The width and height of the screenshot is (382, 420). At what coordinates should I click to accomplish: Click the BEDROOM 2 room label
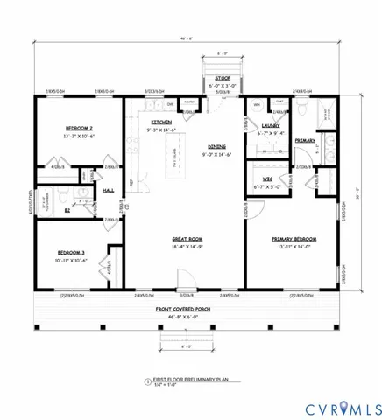coord(67,127)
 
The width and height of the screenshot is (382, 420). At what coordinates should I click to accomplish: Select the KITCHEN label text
coord(161,122)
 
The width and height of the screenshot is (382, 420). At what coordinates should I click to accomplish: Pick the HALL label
coord(109,190)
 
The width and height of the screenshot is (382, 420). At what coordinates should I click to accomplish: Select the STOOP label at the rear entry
coord(223,78)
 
